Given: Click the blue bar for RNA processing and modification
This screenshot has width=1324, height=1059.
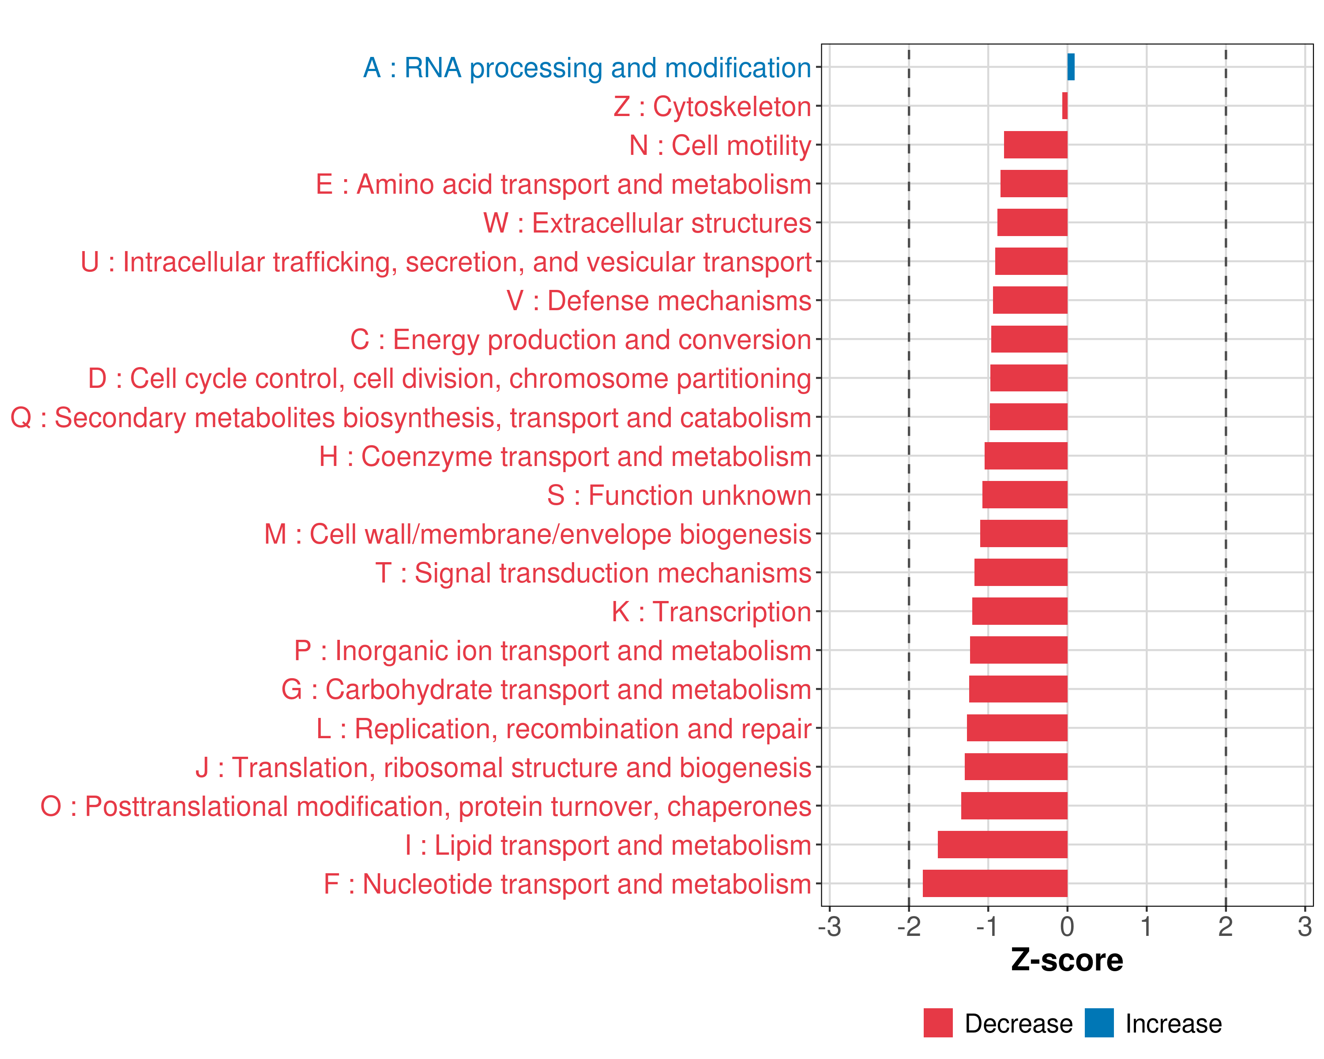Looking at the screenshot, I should coord(1071,67).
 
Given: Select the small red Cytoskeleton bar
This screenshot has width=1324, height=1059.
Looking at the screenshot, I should coord(1065,105).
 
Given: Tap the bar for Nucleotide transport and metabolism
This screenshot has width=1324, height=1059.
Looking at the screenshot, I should coord(995,883).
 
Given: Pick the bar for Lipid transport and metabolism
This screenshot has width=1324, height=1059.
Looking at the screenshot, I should coord(1002,844).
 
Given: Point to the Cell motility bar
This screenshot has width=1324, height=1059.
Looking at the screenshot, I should coord(1035,145).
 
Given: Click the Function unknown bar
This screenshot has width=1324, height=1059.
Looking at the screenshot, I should coord(1024,495).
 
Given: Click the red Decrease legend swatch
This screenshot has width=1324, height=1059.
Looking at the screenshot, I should coord(938,1023).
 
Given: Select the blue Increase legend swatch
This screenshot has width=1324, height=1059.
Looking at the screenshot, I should coord(1098,1023).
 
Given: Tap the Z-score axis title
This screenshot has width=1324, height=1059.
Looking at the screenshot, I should coord(1067,960).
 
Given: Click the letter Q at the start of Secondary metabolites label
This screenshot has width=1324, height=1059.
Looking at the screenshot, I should coord(21,418).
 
